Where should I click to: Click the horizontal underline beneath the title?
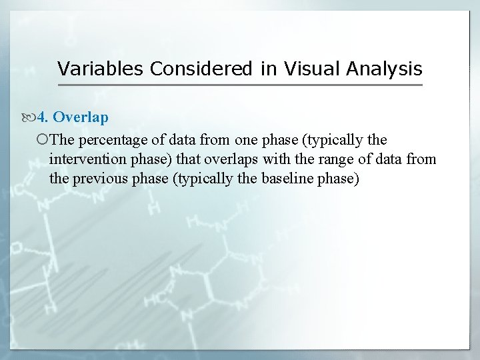pos(240,85)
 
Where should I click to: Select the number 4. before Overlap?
pos(43,117)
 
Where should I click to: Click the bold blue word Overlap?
pos(81,117)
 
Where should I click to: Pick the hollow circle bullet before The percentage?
pos(43,139)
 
